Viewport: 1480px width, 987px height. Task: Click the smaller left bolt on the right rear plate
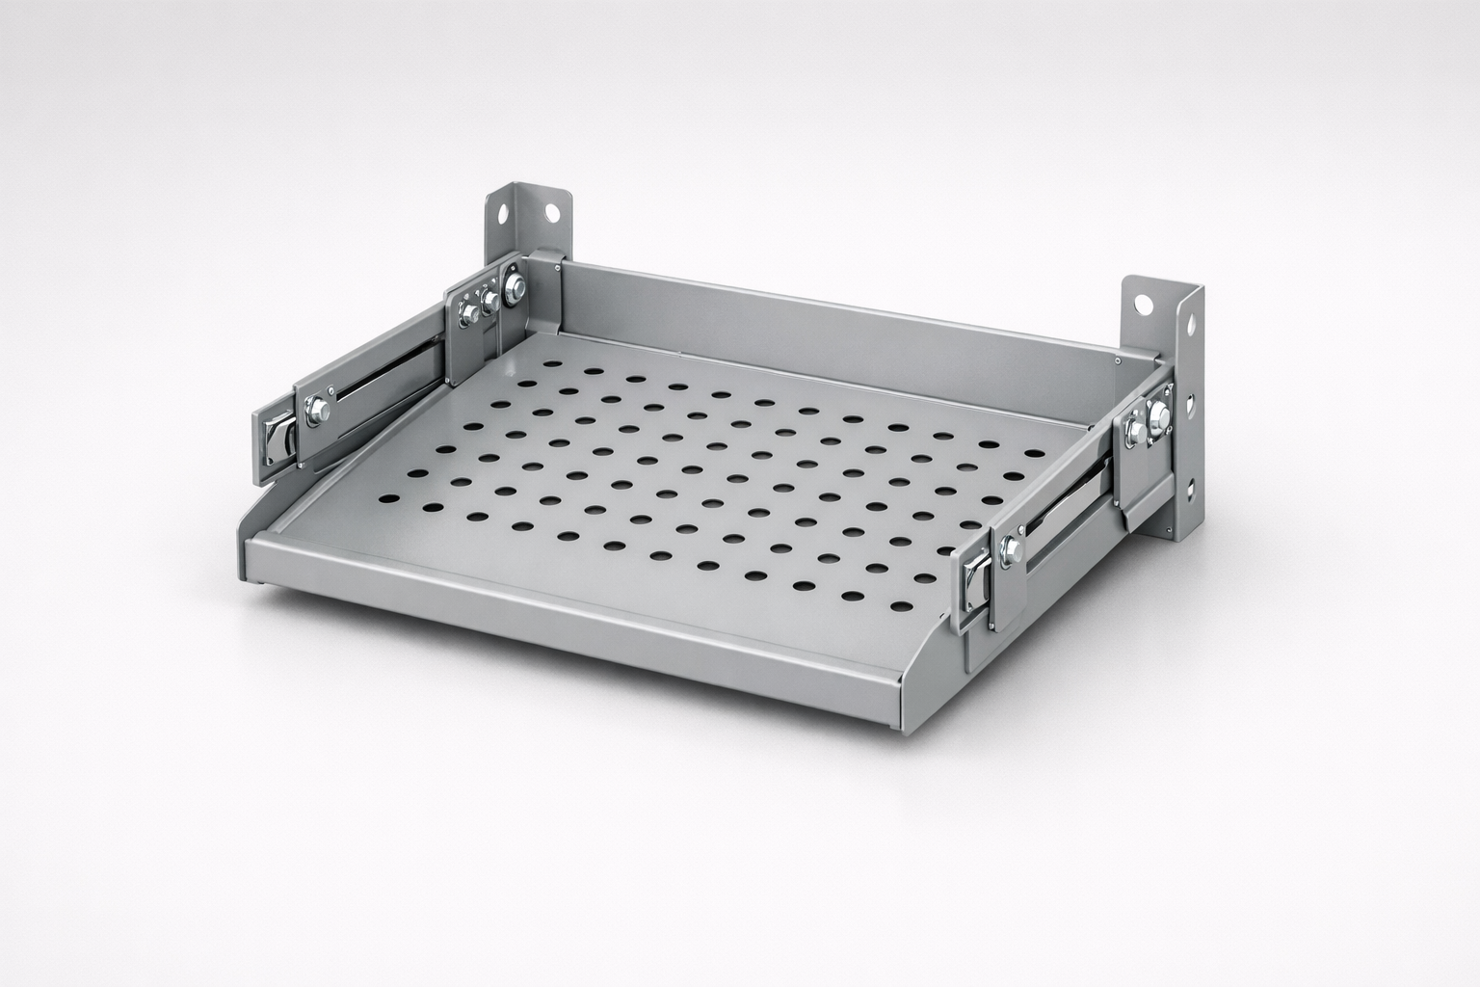click(x=1133, y=430)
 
